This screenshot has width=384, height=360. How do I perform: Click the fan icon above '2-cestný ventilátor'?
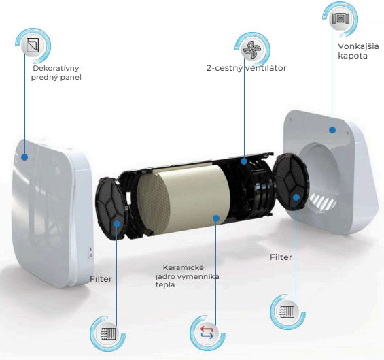coord(252,49)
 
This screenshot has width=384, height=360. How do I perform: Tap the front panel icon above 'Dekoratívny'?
coord(33,45)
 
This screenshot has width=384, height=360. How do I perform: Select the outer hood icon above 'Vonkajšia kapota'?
coord(340,18)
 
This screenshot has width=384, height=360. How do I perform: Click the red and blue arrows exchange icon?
coord(207,333)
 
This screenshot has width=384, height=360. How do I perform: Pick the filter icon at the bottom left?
coord(108,333)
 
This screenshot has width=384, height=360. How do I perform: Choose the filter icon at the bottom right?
coord(287,312)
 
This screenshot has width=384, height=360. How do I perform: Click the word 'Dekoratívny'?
coord(56,68)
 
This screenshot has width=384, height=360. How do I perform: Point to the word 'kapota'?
coord(353,56)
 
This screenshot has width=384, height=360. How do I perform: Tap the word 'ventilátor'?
coord(266,68)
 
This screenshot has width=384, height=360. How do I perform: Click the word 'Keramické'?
coord(184,267)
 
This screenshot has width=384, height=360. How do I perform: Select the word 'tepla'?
coord(165,285)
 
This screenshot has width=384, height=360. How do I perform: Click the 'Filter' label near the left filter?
coord(101,279)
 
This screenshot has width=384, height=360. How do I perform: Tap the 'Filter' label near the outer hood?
coord(281,257)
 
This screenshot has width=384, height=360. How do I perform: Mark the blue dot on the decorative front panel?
coord(24,157)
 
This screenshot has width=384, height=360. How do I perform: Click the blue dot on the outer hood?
coord(332,130)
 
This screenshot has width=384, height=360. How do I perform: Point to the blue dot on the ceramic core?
coord(216,218)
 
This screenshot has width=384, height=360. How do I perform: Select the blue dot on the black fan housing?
coord(244,161)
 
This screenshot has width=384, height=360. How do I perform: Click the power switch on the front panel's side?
coord(91,252)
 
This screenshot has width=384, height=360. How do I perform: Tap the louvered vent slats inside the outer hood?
coord(322,200)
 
